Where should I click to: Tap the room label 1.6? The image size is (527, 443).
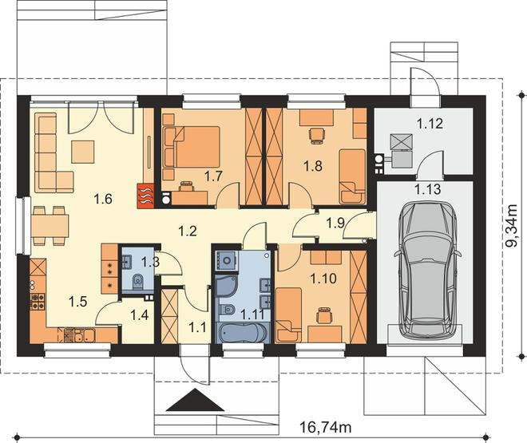coord(103,200)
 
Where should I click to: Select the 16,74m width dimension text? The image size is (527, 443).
coord(326,428)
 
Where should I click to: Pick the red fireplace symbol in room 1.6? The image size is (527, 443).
coord(145,196)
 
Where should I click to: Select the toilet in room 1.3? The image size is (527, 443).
coord(138,282)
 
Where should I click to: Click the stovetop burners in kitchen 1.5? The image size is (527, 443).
coord(38,301)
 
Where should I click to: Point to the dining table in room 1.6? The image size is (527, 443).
coord(50,225)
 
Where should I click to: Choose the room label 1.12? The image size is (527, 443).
coord(430,124)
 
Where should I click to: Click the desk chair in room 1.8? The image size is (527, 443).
coord(317,136)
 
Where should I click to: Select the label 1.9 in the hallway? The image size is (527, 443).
coord(335,223)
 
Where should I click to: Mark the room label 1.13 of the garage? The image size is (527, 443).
coord(428,189)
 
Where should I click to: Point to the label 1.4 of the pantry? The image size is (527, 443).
coord(140,315)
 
